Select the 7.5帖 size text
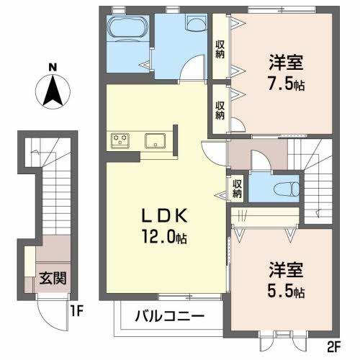(x=285, y=84)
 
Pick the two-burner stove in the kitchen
(x=120, y=140)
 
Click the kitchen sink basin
(x=156, y=140)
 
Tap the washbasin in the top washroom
(x=194, y=24)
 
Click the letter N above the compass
(x=53, y=68)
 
